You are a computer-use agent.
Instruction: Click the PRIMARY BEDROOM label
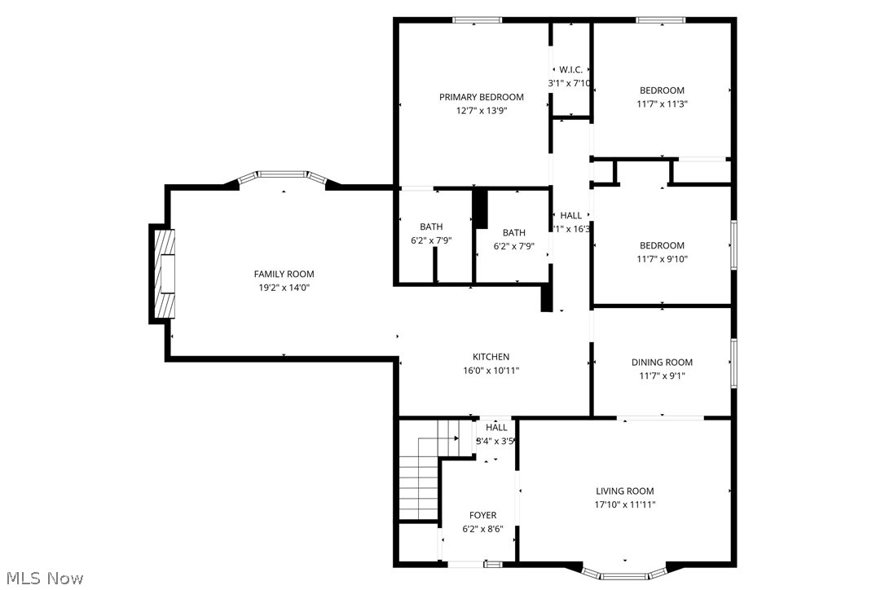(481, 97)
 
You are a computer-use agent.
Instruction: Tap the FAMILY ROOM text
(284, 274)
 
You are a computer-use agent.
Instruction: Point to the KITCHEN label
(491, 357)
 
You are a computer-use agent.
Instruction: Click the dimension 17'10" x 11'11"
(625, 504)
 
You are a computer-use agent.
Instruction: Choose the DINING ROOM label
(662, 363)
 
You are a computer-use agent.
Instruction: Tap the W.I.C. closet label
(570, 70)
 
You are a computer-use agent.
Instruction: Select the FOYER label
(482, 515)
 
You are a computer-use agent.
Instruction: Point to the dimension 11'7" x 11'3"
(662, 103)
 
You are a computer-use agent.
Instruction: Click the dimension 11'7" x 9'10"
(662, 259)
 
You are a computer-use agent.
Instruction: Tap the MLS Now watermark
(42, 579)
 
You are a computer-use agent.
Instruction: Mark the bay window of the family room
(283, 175)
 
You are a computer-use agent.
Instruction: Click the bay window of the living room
(625, 574)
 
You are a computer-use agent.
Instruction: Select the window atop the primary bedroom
(477, 20)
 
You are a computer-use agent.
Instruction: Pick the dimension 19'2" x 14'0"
(284, 288)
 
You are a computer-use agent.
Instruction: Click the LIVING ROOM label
(625, 491)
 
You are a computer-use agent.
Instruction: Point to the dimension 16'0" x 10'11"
(491, 371)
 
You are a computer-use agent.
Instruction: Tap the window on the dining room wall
(733, 363)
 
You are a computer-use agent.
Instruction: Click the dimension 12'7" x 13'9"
(481, 111)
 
